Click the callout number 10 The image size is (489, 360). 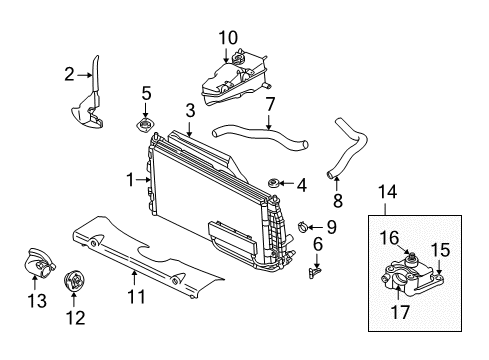(228, 38)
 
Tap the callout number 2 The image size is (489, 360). (70, 72)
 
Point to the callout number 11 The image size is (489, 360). (137, 295)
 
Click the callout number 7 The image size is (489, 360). (270, 103)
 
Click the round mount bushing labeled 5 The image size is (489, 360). (146, 128)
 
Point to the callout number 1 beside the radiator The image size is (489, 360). (129, 180)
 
